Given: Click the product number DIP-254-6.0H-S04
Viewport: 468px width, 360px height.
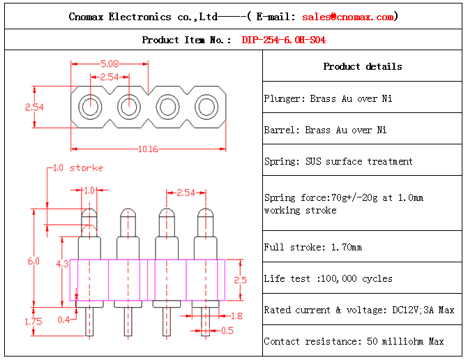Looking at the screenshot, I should tap(283, 40).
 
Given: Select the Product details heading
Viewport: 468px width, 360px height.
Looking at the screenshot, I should tap(362, 66).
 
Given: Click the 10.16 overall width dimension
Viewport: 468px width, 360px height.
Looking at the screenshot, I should tap(148, 149).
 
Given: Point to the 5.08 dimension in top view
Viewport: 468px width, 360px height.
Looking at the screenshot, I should tap(109, 62).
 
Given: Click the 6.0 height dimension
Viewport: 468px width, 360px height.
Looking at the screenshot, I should tap(33, 261).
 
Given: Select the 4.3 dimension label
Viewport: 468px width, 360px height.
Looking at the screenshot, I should tap(61, 264).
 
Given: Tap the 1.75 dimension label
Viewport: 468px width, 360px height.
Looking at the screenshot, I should tap(33, 322).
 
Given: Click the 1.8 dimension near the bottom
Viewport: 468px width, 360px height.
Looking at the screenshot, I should tap(236, 316).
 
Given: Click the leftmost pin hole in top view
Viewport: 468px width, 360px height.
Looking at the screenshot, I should tap(90, 107).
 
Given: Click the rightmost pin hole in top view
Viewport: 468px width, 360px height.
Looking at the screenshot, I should tap(206, 107).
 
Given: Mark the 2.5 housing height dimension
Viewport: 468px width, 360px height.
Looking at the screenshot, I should tap(239, 279).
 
